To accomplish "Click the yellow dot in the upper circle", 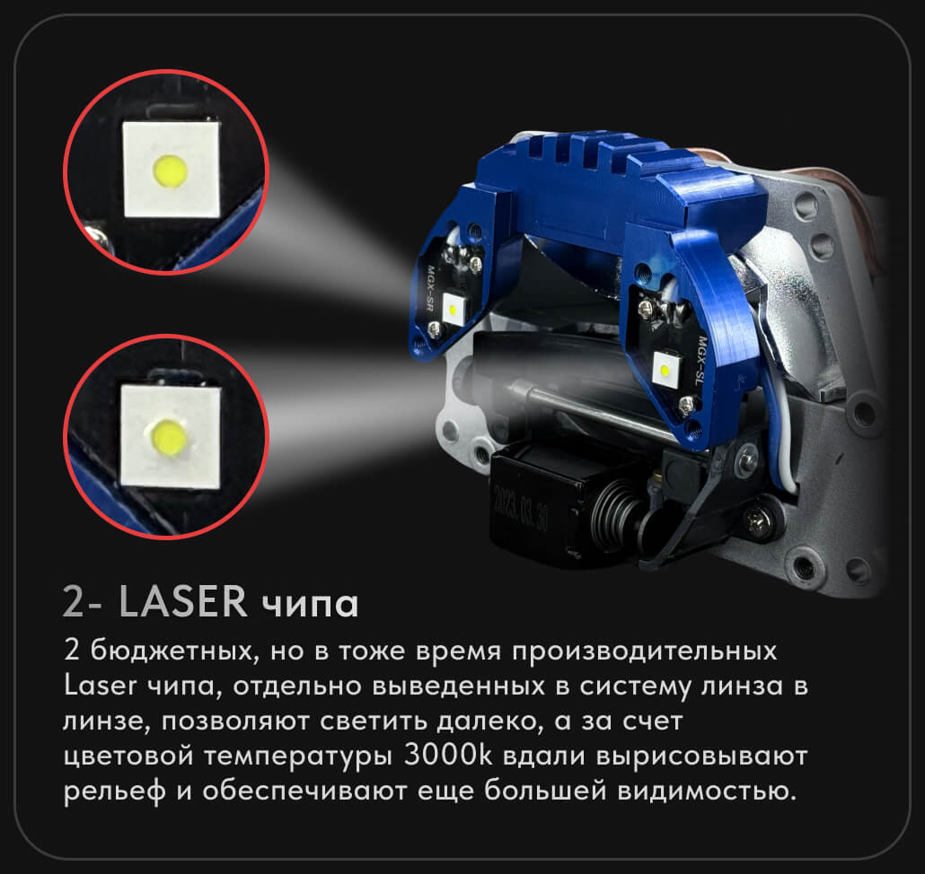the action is (x=170, y=170).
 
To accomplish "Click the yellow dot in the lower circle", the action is (x=169, y=437).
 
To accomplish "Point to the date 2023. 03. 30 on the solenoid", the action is (x=522, y=508).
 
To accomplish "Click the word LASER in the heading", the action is (x=182, y=602).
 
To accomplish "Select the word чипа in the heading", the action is (x=311, y=605).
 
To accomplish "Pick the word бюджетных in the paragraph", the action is (x=174, y=651).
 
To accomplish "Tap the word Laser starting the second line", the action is (x=100, y=686).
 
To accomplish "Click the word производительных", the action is (x=644, y=651).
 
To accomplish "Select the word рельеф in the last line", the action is (x=114, y=791).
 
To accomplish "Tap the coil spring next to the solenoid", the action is (x=616, y=511).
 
